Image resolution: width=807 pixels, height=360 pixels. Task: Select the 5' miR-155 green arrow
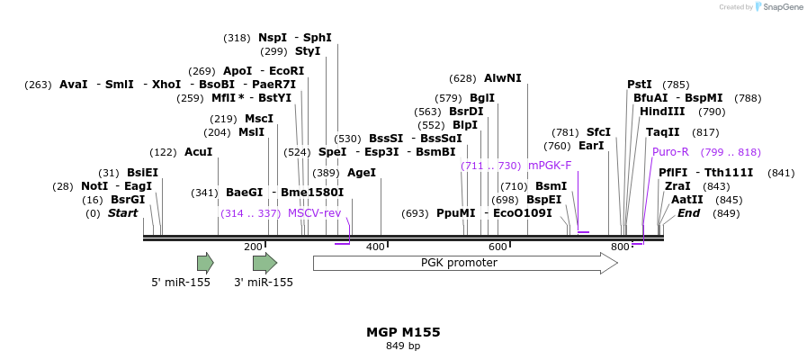coord(205,263)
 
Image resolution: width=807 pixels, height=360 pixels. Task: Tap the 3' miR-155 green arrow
coord(265,263)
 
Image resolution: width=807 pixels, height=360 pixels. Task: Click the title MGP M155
coord(403,332)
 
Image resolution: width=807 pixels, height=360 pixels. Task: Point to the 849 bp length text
coord(403,346)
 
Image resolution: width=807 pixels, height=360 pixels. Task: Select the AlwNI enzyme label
coord(502,78)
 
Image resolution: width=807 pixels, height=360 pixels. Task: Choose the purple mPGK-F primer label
coord(550,166)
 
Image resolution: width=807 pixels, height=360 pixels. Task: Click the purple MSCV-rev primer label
coord(315,213)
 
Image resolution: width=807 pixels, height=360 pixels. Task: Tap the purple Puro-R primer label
coord(670,152)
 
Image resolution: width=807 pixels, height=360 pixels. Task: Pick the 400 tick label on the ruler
coord(375,247)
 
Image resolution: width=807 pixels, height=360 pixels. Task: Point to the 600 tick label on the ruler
coord(498,247)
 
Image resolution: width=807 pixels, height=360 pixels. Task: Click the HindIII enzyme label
coord(662,112)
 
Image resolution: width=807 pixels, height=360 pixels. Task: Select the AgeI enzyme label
coord(362,173)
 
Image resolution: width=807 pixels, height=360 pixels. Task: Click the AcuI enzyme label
coord(198,152)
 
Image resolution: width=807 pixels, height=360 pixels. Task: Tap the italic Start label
coord(123,213)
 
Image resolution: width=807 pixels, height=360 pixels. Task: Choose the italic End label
coord(688,213)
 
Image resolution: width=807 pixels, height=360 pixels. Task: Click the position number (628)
coord(462,78)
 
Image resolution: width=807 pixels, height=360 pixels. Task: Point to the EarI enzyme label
coord(591,146)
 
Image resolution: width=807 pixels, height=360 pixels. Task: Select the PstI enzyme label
coord(640,85)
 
